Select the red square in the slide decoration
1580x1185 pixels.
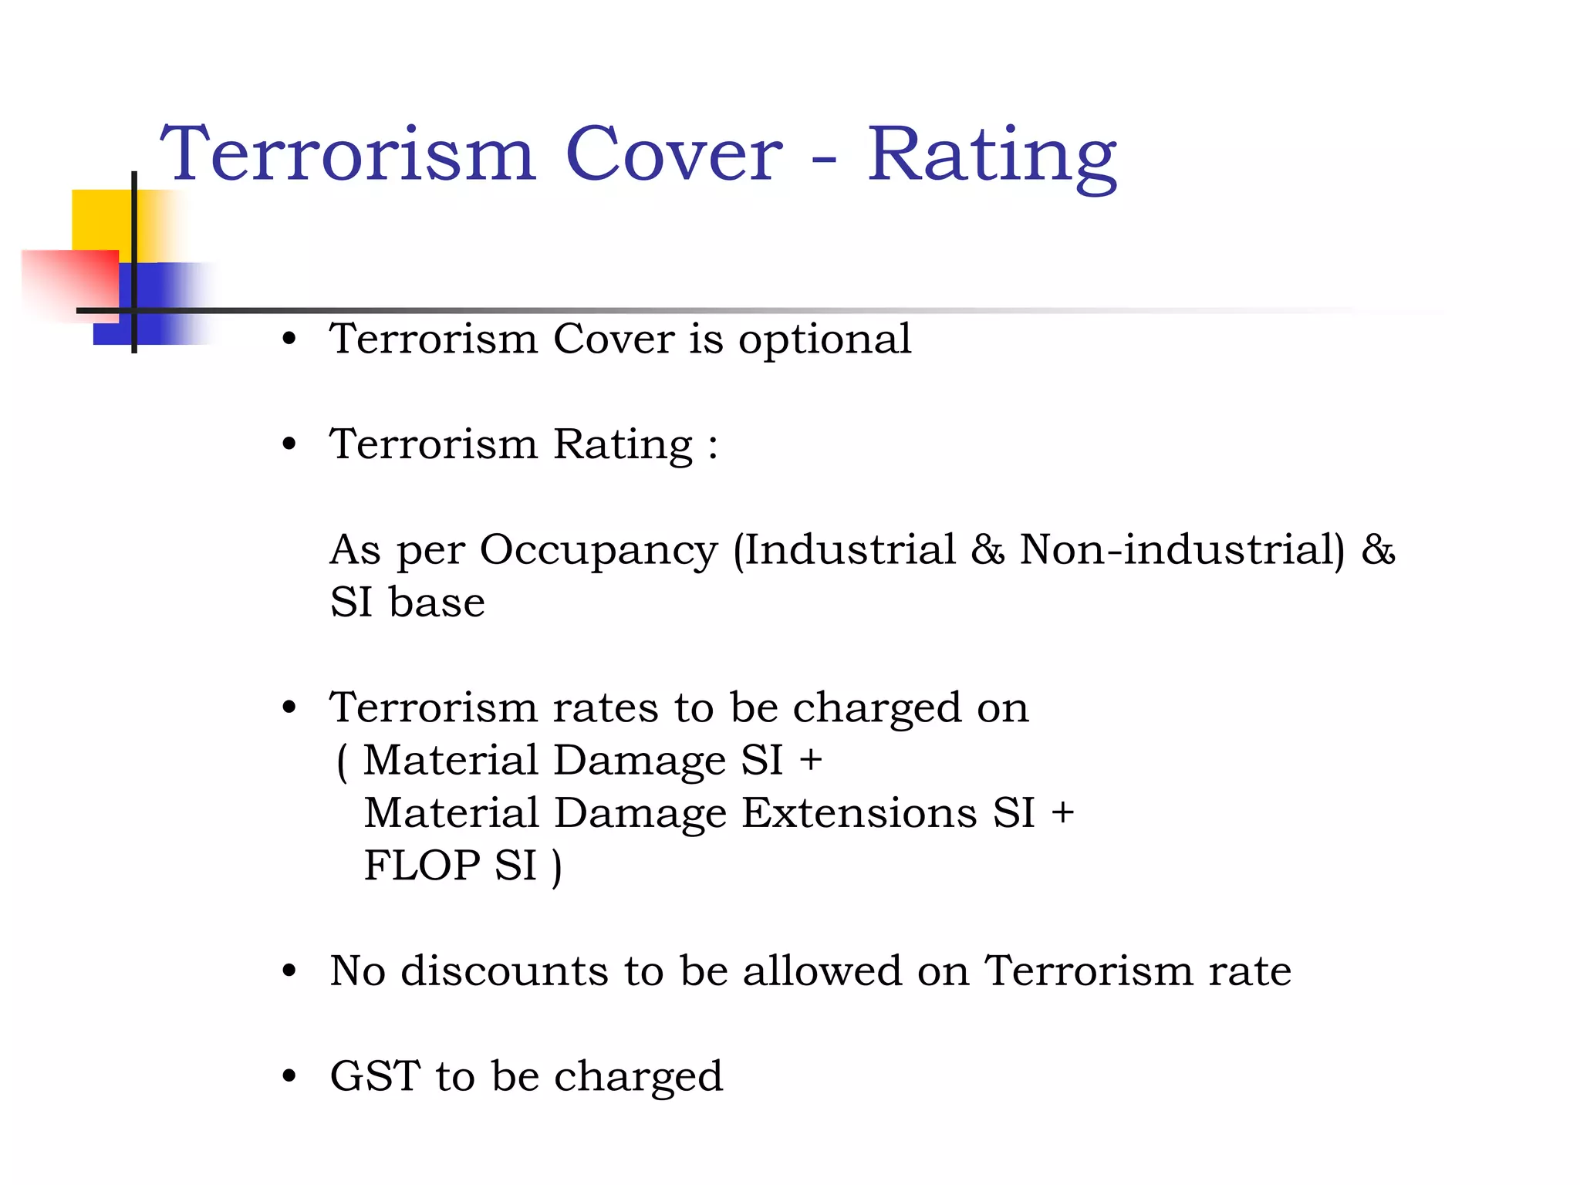69,282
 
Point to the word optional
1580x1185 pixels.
825,340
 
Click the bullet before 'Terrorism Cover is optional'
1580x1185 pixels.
289,339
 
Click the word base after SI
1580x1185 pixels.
437,603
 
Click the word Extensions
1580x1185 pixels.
859,813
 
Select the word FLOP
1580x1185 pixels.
422,866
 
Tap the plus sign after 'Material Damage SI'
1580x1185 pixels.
810,760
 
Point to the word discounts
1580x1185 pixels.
505,971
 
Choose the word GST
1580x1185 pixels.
375,1076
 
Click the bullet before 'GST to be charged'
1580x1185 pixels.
289,1076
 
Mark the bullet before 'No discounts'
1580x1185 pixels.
289,971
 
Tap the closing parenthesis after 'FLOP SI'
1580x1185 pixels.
557,867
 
